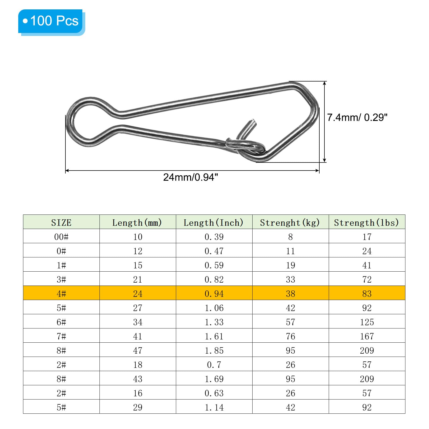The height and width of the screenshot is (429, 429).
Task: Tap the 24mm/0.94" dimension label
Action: click(190, 177)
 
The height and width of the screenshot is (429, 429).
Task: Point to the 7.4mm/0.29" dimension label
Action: click(357, 117)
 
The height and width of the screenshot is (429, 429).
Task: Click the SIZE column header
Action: click(61, 223)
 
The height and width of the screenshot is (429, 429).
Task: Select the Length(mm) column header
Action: click(137, 223)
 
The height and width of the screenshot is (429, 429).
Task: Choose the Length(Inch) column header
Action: click(213, 223)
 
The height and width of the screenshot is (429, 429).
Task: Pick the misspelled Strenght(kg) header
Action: click(290, 223)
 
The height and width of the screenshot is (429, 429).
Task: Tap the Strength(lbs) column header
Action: click(367, 223)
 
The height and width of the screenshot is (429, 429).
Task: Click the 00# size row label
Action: click(61, 237)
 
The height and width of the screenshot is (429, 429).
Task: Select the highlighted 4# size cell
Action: click(61, 294)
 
